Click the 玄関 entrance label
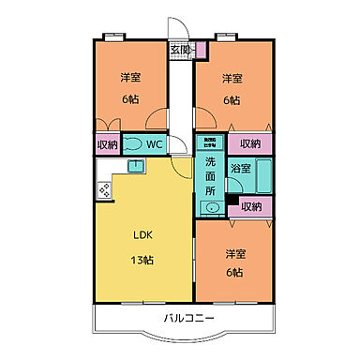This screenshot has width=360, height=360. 180,49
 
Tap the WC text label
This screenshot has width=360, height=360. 155,143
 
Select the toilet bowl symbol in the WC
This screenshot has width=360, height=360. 133,143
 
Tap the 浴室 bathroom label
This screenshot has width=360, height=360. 240,169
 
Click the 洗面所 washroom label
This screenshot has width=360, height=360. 210,175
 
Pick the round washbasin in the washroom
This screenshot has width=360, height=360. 213,207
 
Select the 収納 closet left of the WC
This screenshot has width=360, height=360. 107,143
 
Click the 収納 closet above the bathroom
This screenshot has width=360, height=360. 250,143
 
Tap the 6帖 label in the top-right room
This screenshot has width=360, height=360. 232,99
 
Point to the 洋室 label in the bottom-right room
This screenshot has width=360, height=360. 234,253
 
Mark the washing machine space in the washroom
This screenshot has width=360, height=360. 210,143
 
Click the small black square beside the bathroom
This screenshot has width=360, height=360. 232,198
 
